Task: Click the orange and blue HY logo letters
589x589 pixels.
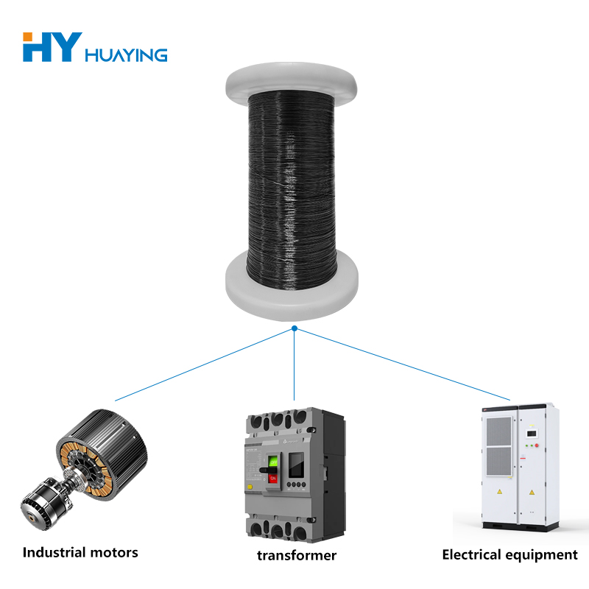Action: click(x=49, y=46)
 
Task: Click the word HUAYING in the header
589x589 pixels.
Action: click(x=127, y=55)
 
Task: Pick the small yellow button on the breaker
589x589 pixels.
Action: click(x=250, y=487)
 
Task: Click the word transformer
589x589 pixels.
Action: click(x=297, y=555)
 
